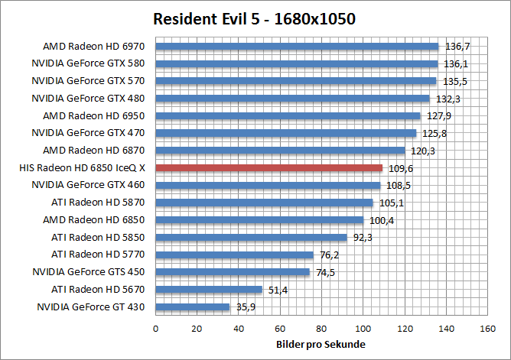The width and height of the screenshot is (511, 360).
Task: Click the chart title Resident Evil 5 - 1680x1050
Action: coord(255,18)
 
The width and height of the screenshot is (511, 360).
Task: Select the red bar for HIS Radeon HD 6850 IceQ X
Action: coord(269,167)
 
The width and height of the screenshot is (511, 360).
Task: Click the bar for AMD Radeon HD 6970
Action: coord(297,46)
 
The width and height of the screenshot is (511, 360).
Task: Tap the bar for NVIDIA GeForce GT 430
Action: coord(193,307)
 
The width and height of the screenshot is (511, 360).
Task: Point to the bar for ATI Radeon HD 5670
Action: coord(209,290)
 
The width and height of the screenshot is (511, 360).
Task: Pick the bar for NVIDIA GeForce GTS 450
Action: coord(233,272)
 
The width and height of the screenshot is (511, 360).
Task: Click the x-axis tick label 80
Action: coord(321,329)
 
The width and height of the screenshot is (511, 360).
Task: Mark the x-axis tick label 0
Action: coord(156,329)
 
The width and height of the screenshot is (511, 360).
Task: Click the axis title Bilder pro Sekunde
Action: coord(321,345)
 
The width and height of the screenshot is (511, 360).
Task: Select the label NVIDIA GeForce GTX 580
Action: coord(88,63)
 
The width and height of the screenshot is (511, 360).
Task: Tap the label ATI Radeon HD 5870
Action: coord(98,203)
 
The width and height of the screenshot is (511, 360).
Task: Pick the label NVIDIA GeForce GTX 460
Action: coord(88,185)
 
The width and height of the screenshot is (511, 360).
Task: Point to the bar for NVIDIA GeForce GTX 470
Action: coord(286,133)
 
